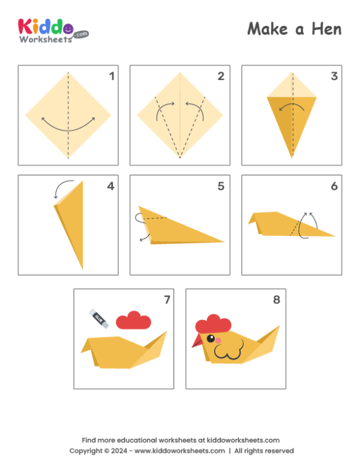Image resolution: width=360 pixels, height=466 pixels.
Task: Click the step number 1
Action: coord(111,76)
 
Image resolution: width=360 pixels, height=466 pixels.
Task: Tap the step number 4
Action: coord(110,186)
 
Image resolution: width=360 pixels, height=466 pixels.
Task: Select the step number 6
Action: coord(334,186)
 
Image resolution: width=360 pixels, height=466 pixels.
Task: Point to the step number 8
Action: coord(276,300)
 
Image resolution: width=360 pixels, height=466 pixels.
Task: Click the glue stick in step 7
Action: coord(99,319)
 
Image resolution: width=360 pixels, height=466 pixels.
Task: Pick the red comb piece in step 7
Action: coord(133,321)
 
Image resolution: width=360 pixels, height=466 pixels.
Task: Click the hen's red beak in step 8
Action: coord(197,342)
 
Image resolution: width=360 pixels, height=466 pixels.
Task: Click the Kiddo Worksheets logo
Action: coord(53,29)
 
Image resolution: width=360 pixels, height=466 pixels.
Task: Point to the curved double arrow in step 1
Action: coord(68,125)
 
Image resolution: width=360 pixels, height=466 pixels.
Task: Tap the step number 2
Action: coord(221,76)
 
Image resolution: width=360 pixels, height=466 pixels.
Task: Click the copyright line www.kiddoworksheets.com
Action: coord(179,450)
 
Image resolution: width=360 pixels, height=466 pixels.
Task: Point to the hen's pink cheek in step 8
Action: coord(218,340)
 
